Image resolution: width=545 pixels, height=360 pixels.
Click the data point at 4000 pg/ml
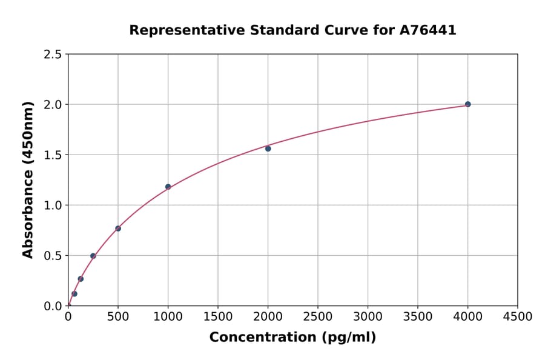(x=467, y=104)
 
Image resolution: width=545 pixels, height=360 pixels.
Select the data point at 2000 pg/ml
(x=268, y=148)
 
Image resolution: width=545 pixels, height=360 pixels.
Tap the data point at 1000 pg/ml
(x=168, y=187)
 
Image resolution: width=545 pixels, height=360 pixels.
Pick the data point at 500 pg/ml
(x=118, y=228)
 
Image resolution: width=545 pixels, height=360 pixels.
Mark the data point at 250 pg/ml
(x=93, y=256)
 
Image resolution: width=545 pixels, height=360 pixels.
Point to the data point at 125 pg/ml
(x=81, y=279)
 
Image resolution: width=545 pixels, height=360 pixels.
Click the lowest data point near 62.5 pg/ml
(x=74, y=294)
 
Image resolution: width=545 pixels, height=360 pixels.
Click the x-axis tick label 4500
(x=518, y=317)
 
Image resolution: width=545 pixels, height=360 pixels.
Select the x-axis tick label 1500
(x=218, y=317)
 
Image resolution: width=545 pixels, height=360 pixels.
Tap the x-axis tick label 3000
(x=368, y=317)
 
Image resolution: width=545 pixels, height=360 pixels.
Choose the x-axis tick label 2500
(x=318, y=317)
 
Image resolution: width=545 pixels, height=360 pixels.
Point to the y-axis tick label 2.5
(x=53, y=55)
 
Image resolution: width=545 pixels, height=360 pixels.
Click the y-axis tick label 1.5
(x=53, y=155)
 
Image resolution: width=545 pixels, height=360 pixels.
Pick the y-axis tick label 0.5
(x=53, y=256)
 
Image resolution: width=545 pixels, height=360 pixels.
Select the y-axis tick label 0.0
(x=53, y=306)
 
